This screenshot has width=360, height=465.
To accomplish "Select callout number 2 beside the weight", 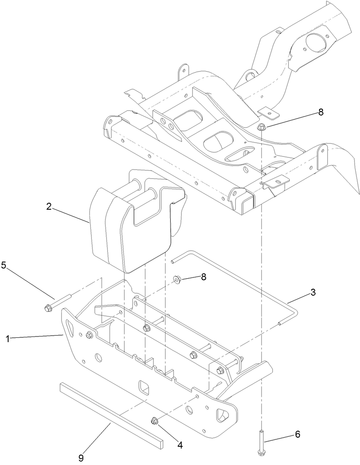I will point(49,207).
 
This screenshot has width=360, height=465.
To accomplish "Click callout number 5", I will point(4,266).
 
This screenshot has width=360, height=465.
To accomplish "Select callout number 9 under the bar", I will point(80,457).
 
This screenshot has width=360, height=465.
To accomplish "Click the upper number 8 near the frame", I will point(321,112).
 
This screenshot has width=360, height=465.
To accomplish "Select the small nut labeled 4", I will point(154,420).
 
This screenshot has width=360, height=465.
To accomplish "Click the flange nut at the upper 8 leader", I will point(261,127).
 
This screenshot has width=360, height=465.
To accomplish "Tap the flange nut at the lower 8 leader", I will point(177,279).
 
